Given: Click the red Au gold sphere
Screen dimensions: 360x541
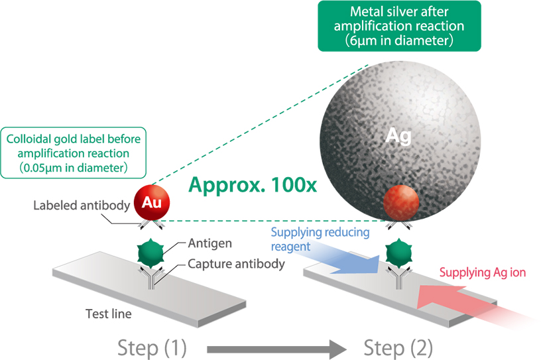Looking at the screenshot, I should click(x=151, y=202).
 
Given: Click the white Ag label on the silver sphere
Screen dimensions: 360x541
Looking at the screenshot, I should click(x=400, y=137).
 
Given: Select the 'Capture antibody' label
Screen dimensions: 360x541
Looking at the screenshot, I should click(x=237, y=263).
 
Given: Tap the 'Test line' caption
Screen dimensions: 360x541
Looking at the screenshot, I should click(x=108, y=312).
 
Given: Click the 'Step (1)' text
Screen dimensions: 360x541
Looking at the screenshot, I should click(x=152, y=346).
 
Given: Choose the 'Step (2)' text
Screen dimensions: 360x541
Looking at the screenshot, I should click(x=398, y=346).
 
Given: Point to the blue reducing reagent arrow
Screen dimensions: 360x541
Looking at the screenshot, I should click(x=347, y=264).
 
